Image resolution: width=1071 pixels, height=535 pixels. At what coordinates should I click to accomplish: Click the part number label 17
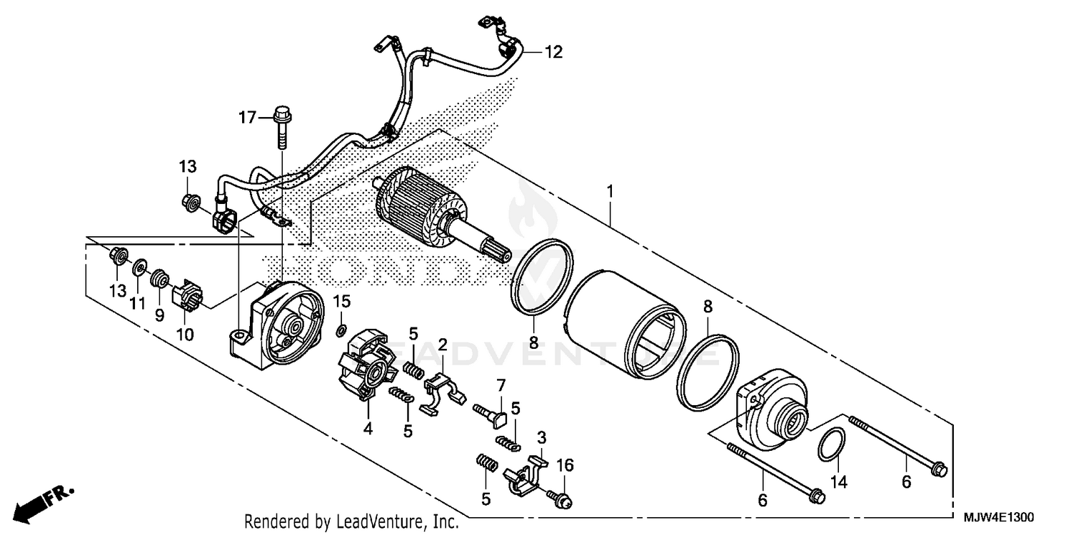246,118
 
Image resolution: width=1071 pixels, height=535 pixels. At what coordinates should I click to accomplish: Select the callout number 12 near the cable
553,52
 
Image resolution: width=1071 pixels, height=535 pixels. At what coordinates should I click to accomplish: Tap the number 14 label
838,482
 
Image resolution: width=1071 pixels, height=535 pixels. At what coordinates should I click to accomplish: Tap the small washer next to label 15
341,330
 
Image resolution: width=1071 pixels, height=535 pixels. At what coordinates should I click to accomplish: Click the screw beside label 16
560,498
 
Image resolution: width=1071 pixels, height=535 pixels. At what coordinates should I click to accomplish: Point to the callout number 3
542,436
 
